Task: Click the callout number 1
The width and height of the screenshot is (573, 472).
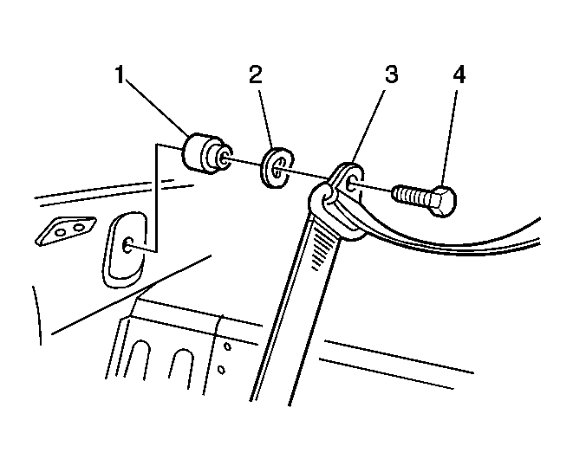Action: (120, 74)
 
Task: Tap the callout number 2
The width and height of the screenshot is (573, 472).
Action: (256, 74)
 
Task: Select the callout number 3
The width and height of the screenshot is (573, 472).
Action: (391, 74)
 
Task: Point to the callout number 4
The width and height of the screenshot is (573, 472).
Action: (459, 74)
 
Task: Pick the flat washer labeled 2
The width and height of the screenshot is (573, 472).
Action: (277, 168)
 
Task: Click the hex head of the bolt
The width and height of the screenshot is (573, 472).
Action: (443, 201)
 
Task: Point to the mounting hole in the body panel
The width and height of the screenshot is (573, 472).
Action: (127, 245)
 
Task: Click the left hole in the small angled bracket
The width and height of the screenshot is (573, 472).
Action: (61, 232)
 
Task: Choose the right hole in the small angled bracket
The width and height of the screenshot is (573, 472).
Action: (79, 228)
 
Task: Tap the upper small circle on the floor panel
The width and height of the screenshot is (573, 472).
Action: (227, 346)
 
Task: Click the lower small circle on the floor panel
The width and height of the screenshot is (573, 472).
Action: (221, 370)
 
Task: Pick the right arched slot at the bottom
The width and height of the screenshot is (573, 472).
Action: (180, 366)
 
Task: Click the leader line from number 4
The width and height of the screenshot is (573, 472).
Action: (450, 138)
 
